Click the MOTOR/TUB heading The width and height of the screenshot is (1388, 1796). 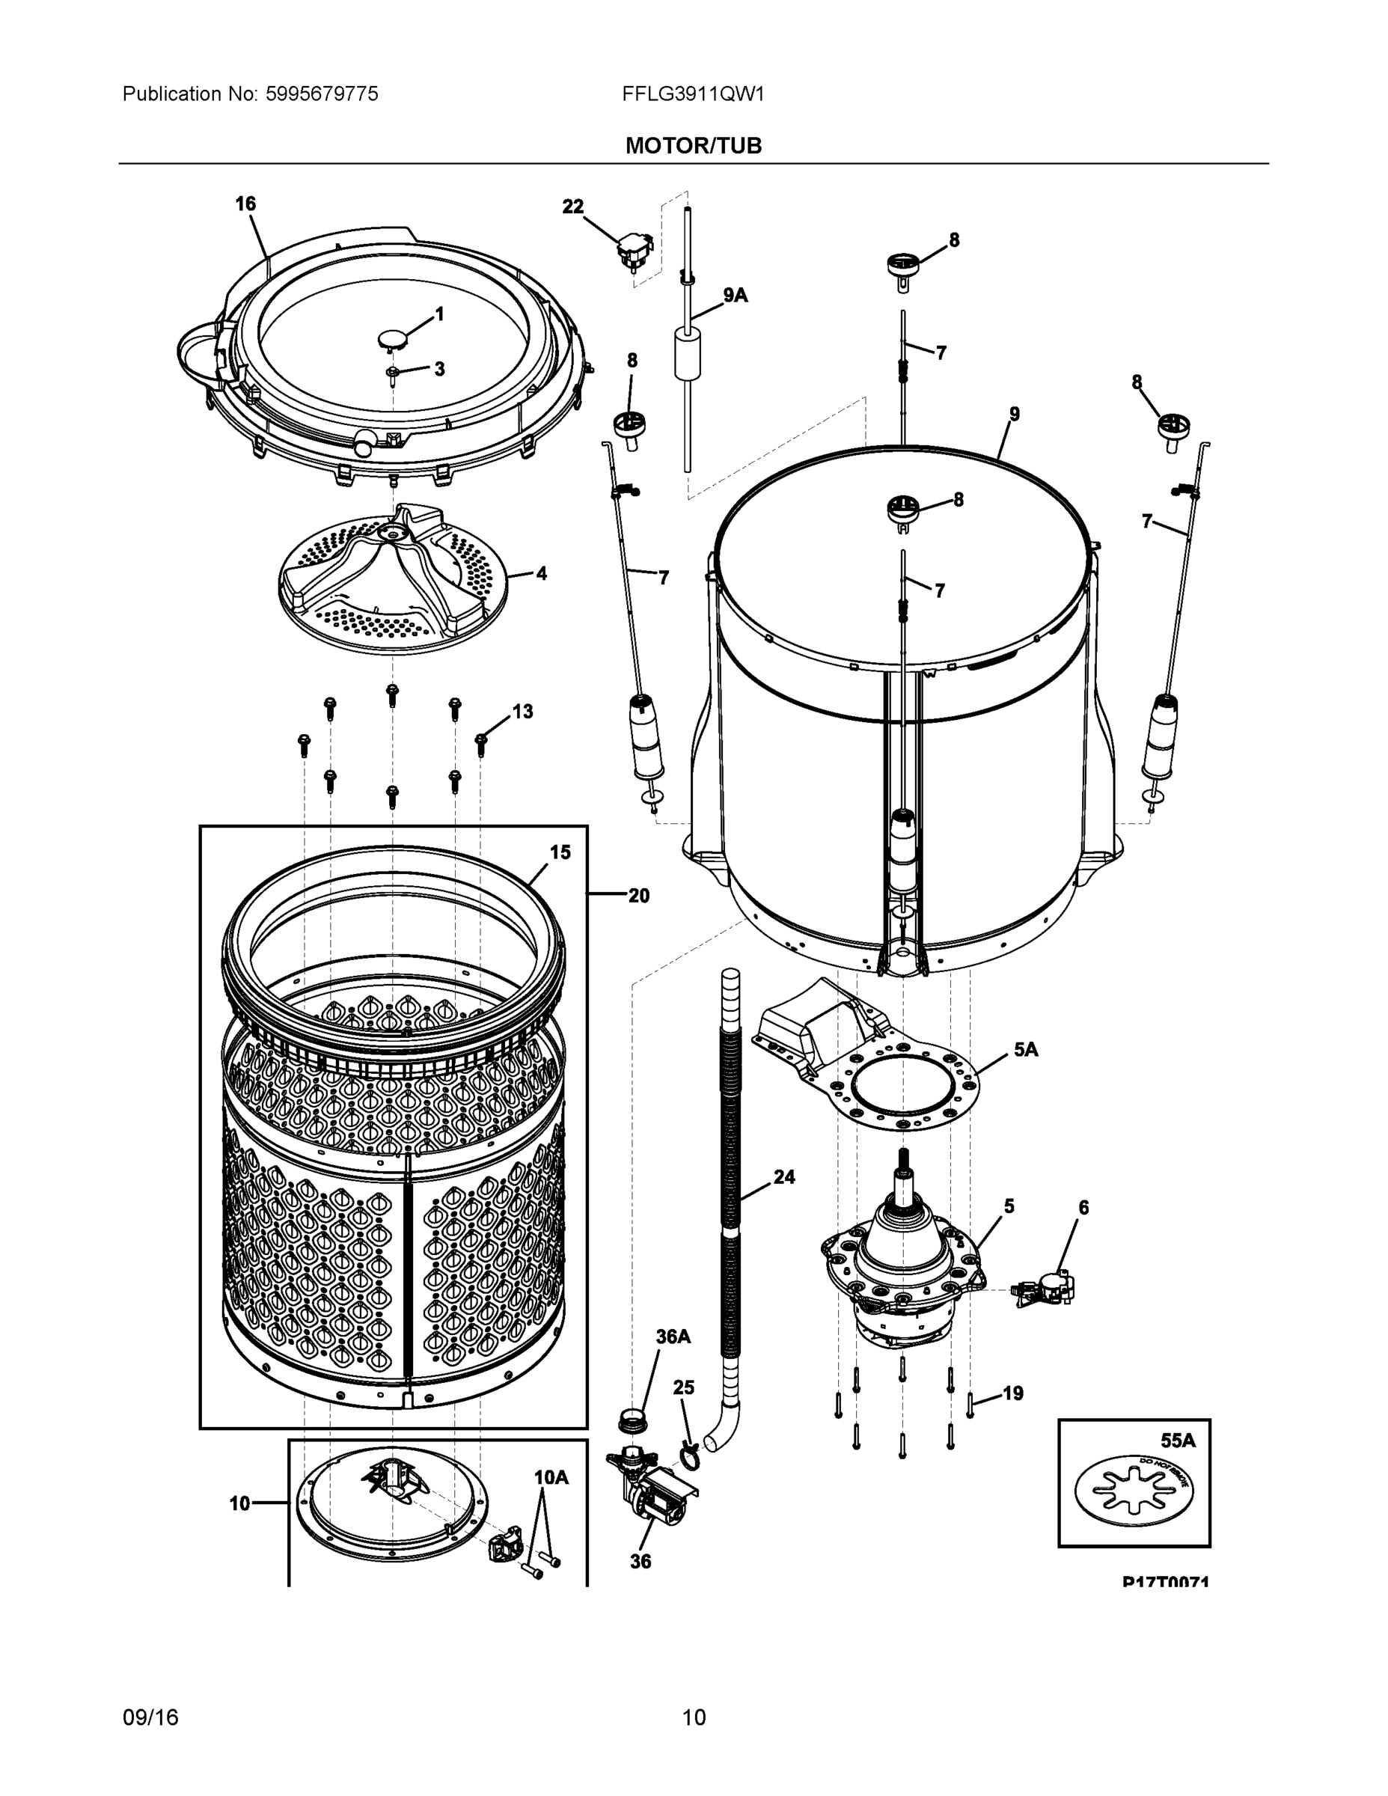coord(693,146)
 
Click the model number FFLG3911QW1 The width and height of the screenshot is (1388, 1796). coord(693,94)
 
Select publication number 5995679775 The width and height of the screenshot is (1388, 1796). coord(322,94)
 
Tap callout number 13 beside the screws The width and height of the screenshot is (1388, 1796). coord(522,712)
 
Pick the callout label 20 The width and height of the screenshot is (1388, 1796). coord(638,896)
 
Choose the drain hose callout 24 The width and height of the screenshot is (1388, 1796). coord(783,1177)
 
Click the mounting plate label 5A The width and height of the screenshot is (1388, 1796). coord(1025,1049)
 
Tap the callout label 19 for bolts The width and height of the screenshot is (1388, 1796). coord(1012,1393)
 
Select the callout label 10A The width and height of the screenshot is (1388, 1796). coord(551,1478)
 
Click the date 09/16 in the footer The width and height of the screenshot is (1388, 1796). coord(150,1717)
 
